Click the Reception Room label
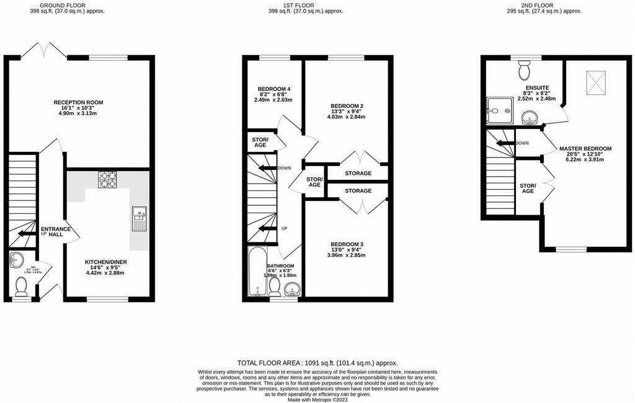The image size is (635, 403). [78, 102]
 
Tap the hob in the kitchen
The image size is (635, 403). [107, 179]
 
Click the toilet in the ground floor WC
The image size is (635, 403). [22, 286]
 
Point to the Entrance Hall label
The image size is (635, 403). [56, 232]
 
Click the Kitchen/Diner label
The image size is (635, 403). [105, 262]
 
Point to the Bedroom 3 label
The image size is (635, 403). [346, 244]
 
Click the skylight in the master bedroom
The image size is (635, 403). [596, 83]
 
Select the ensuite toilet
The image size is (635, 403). [525, 65]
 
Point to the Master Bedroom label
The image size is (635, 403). [585, 149]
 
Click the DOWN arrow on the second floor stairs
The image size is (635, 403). [505, 143]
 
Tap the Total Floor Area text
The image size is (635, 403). [317, 363]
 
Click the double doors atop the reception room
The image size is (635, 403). [45, 49]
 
